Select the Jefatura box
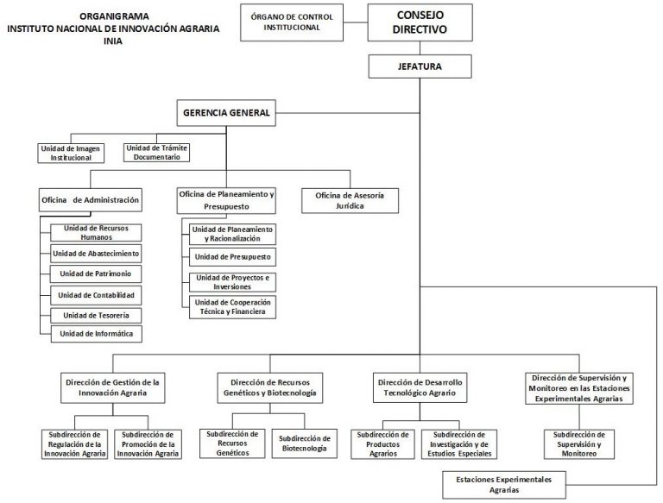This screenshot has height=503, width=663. [421, 66]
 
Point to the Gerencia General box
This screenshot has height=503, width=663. [227, 112]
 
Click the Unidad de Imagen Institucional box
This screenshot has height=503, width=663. [71, 153]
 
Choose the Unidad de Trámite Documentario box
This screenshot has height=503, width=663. [156, 153]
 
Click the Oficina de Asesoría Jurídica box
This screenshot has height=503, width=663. [350, 200]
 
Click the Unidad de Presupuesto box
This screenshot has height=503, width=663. [231, 257]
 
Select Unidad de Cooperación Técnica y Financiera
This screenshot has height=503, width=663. [231, 307]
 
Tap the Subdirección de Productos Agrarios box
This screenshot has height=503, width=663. [382, 443]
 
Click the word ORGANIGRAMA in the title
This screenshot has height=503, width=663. [112, 16]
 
